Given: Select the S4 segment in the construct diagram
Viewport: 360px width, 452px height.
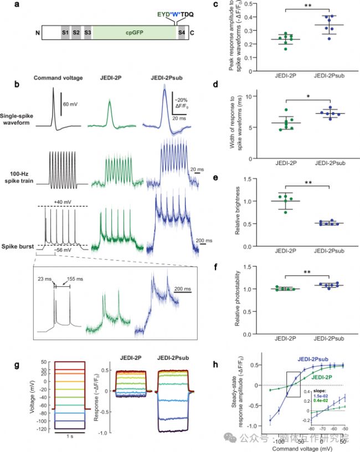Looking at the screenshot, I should click(182, 33).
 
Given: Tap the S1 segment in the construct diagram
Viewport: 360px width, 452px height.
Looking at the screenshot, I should click(65, 33).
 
